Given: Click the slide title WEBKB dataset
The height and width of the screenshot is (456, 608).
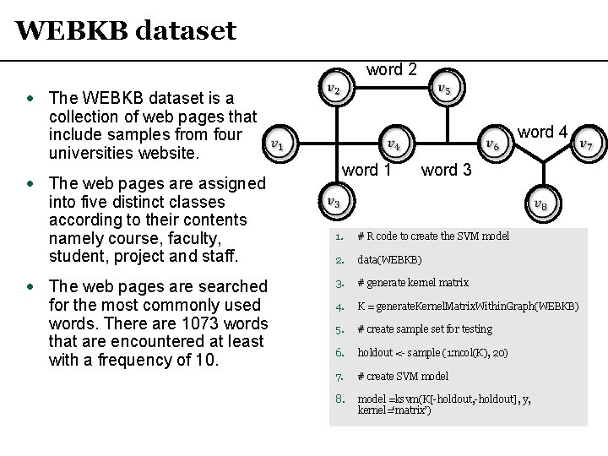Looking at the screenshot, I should coord(126,31).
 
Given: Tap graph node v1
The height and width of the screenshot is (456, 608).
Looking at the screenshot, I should coord(278,144).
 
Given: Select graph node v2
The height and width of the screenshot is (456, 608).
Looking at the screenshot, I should coord(334,89).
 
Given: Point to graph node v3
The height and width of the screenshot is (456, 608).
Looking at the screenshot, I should coord(334,202).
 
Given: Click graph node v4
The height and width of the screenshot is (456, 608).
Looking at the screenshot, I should coord(393,144).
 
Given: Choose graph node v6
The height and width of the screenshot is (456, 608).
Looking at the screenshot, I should coord(493,144).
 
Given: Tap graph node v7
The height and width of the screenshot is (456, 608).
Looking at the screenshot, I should coord(585,144).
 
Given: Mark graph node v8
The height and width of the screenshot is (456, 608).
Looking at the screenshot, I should coord(540,204).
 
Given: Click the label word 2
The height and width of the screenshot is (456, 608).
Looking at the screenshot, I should coord(391,70).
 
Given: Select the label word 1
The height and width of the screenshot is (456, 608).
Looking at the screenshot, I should coord(366,170).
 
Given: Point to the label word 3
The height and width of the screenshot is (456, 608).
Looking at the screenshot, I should coord(447,170).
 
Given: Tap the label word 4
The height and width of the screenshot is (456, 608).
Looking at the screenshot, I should coord(542,132).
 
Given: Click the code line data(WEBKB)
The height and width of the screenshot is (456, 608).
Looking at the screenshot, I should coord(389,259).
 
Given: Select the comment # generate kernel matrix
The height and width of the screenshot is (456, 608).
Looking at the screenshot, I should coord(413,283).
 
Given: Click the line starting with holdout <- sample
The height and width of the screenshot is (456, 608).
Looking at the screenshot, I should coord(432,352).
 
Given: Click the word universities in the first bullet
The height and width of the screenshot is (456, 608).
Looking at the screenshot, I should coord(91,154).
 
